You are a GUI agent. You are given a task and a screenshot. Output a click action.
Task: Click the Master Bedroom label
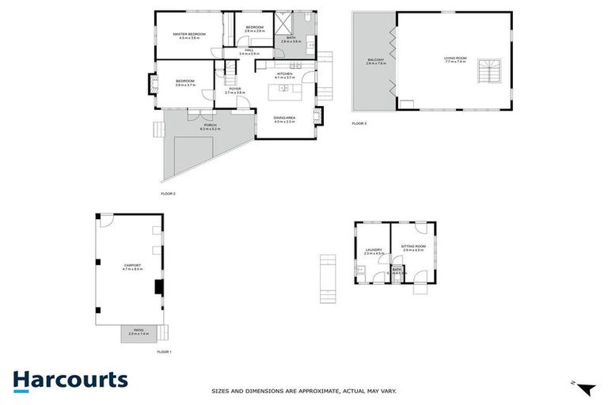click(x=189, y=34)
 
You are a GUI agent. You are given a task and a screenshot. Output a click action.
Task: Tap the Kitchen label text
click(x=284, y=76)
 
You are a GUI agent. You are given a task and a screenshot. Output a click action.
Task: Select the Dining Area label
click(x=284, y=119)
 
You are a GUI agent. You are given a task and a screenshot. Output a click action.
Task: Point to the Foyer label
click(x=235, y=90)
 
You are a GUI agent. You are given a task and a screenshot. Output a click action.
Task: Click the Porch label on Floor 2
click(x=210, y=126)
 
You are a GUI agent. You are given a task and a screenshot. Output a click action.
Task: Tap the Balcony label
click(x=375, y=61)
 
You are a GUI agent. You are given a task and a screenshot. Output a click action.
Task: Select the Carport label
click(x=132, y=267)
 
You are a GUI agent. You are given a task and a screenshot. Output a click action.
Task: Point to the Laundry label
click(x=374, y=251)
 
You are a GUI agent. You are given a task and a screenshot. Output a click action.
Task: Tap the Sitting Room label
click(x=413, y=247)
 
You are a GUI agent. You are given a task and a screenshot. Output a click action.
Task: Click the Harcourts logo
click(x=70, y=379)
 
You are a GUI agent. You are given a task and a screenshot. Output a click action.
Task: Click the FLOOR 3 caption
click(x=359, y=123)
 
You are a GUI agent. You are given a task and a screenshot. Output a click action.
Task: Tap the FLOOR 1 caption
click(x=164, y=350)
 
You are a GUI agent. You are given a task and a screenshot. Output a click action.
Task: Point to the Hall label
click(x=249, y=51)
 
